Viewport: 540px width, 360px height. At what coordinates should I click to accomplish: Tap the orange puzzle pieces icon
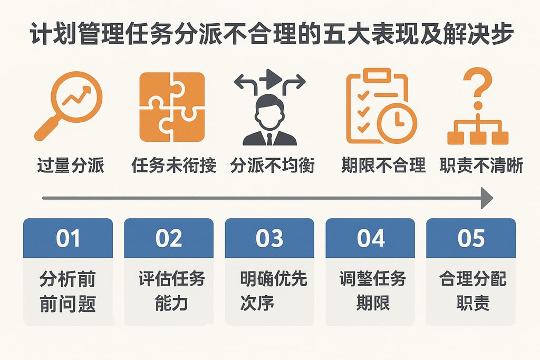click(171, 107)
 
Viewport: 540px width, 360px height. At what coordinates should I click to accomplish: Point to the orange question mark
click(477, 89)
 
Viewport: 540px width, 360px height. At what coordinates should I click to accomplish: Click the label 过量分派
click(71, 166)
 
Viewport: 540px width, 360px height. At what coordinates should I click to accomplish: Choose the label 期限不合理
click(383, 166)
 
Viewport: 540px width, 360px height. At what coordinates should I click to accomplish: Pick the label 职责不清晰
click(481, 166)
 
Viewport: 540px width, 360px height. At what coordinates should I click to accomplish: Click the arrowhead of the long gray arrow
click(486, 198)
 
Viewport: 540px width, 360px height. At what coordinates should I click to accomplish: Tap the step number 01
click(68, 238)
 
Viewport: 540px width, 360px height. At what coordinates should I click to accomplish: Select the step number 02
click(169, 238)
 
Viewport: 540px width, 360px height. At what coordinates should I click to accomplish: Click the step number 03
click(269, 238)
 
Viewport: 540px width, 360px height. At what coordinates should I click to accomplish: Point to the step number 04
click(371, 238)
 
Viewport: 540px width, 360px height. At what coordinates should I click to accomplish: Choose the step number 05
click(471, 238)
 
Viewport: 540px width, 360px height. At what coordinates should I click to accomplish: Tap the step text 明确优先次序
click(269, 291)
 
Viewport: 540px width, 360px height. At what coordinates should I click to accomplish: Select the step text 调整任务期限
click(371, 291)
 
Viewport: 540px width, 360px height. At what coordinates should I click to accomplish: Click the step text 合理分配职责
click(471, 291)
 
